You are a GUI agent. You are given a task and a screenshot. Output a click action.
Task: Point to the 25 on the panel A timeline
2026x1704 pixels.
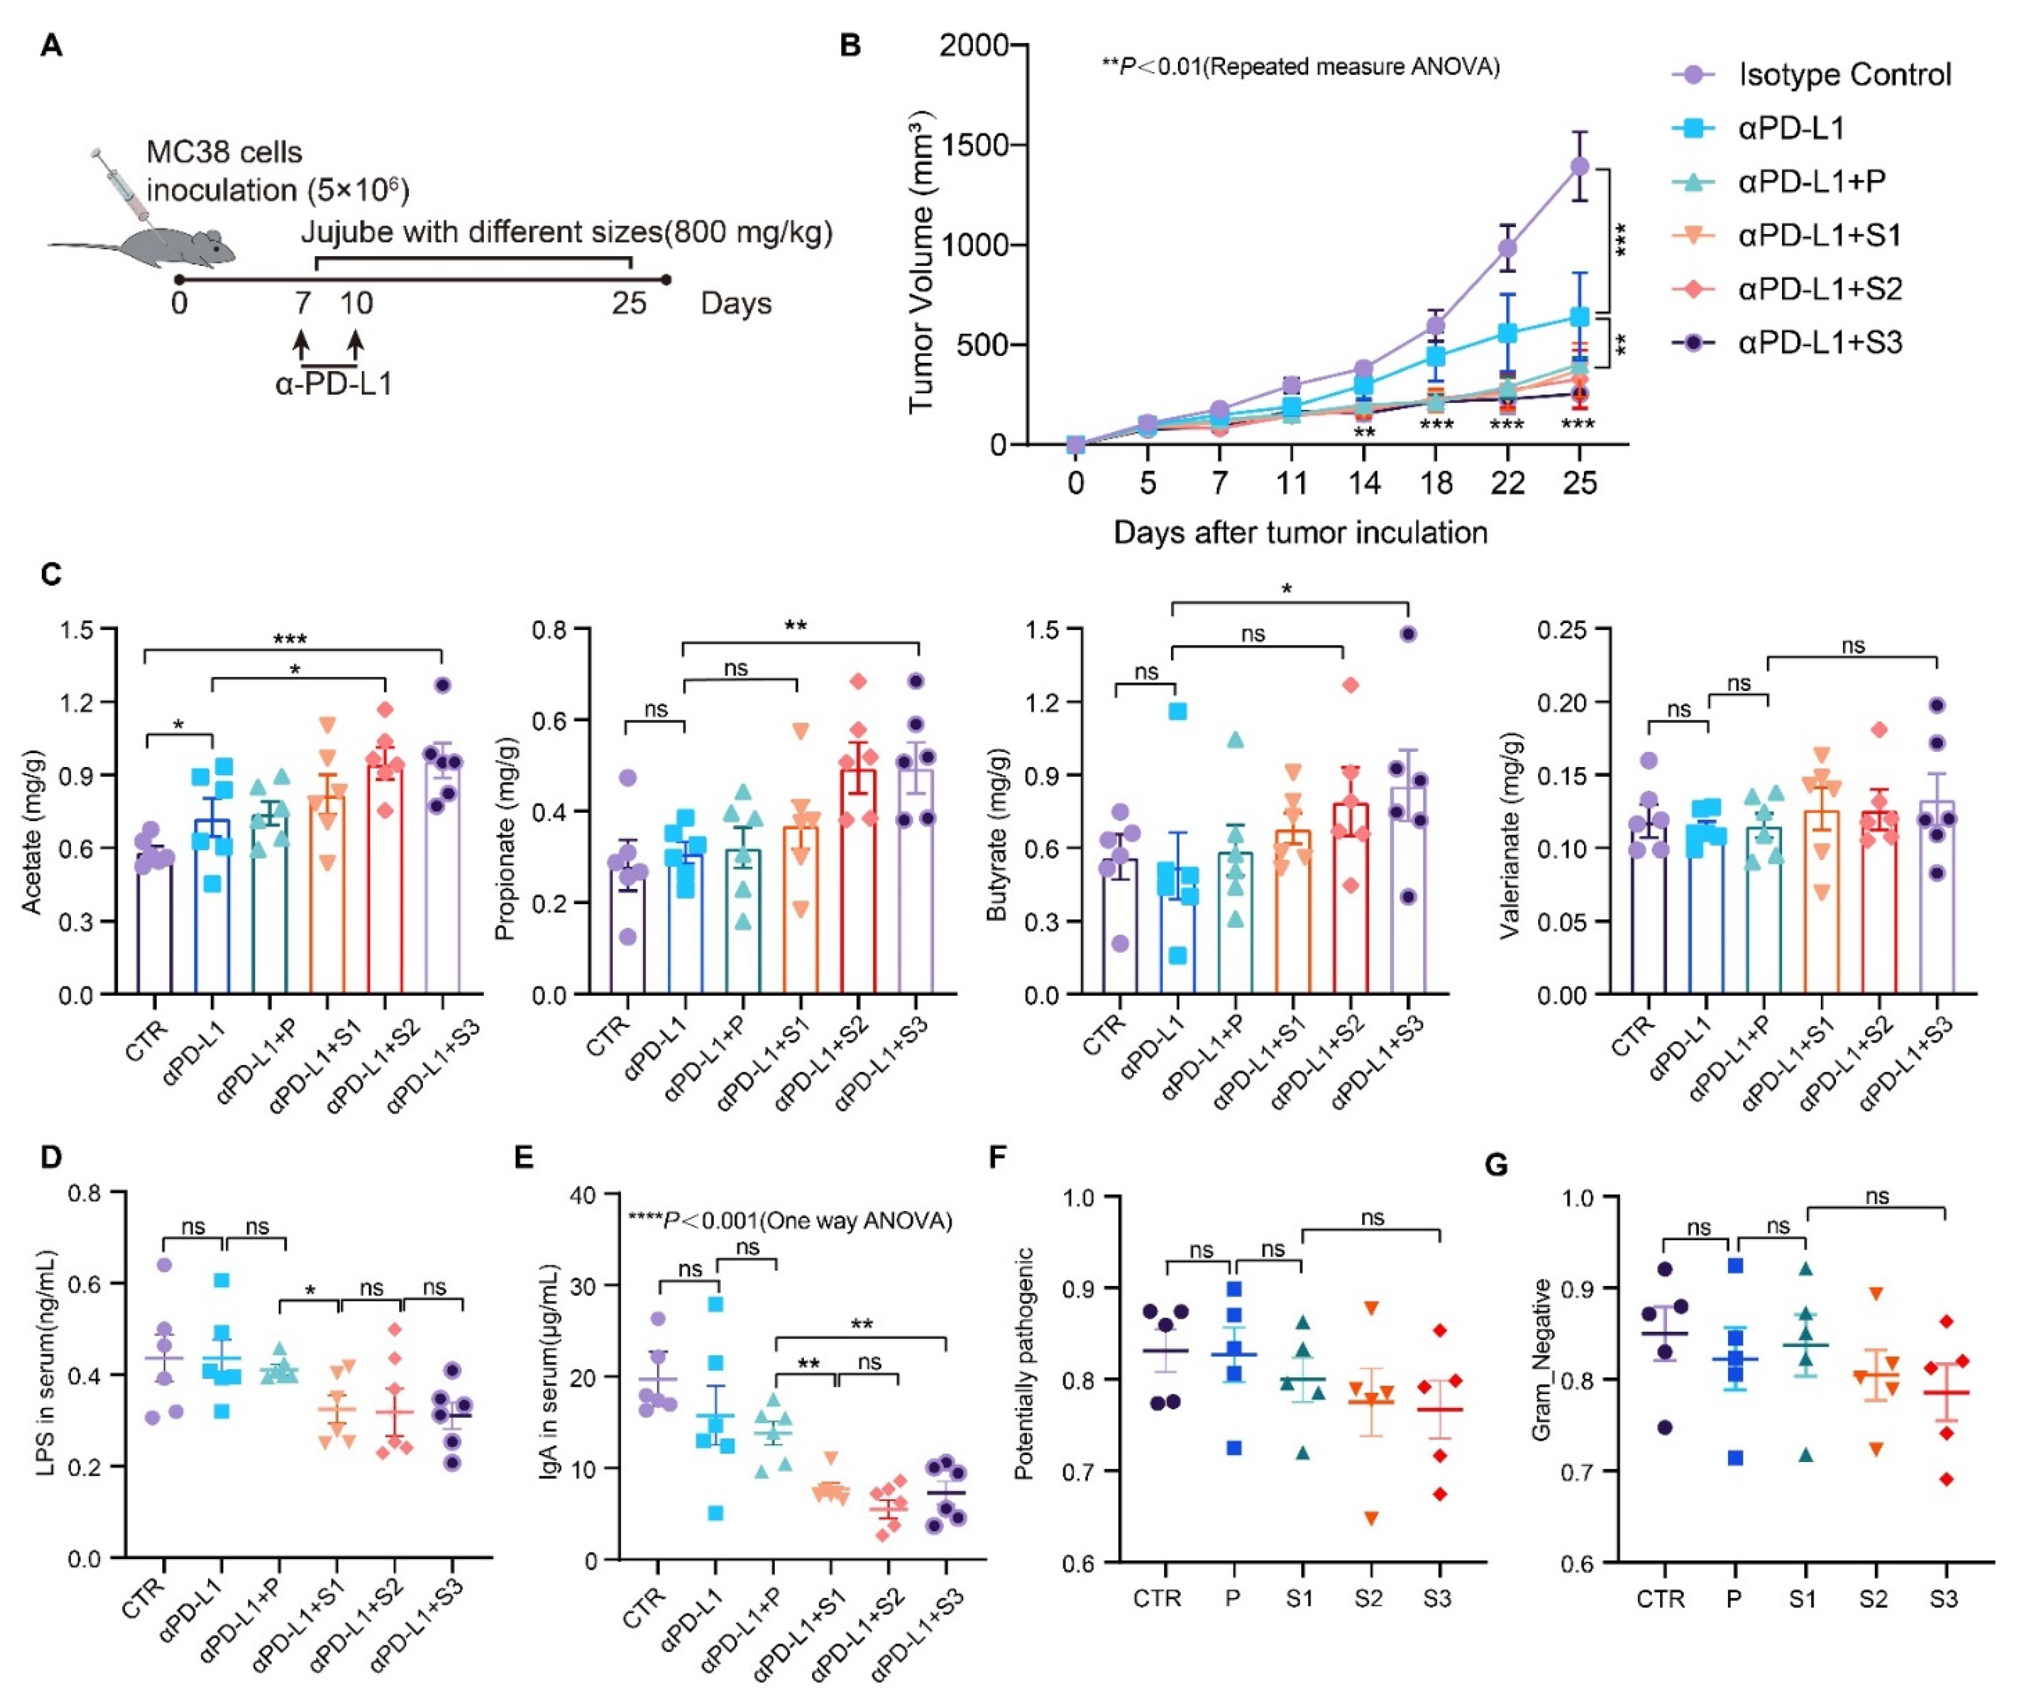(629, 303)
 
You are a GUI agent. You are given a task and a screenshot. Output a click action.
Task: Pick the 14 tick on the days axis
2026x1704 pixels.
(1363, 483)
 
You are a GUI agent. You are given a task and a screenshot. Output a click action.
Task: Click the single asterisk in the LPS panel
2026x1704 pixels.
(310, 1291)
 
